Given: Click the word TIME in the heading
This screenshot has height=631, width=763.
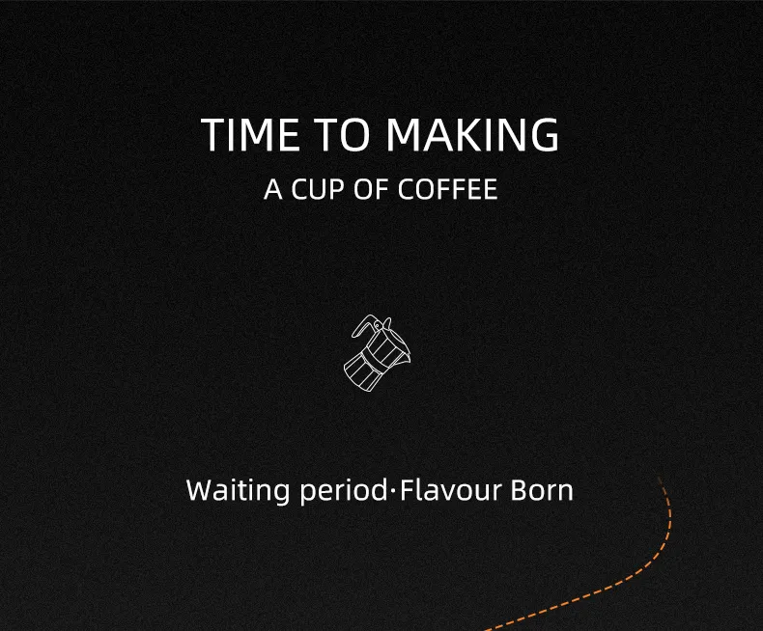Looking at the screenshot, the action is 249,135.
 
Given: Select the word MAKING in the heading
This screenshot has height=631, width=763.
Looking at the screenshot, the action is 472,135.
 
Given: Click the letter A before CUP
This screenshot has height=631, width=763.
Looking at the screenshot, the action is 273,189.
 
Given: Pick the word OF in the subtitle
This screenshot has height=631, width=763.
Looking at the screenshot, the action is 372,189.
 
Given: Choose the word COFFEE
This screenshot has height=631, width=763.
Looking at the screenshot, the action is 448,189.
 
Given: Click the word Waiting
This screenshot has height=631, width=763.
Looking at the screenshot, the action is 238,490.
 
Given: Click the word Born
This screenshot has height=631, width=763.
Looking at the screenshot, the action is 542,490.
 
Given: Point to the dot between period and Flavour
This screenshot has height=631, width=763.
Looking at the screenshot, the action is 393,491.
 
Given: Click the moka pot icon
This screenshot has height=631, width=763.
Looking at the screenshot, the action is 377,353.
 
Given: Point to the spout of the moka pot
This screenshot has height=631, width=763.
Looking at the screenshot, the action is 407,355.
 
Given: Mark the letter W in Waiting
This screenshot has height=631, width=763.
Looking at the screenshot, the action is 201,490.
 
